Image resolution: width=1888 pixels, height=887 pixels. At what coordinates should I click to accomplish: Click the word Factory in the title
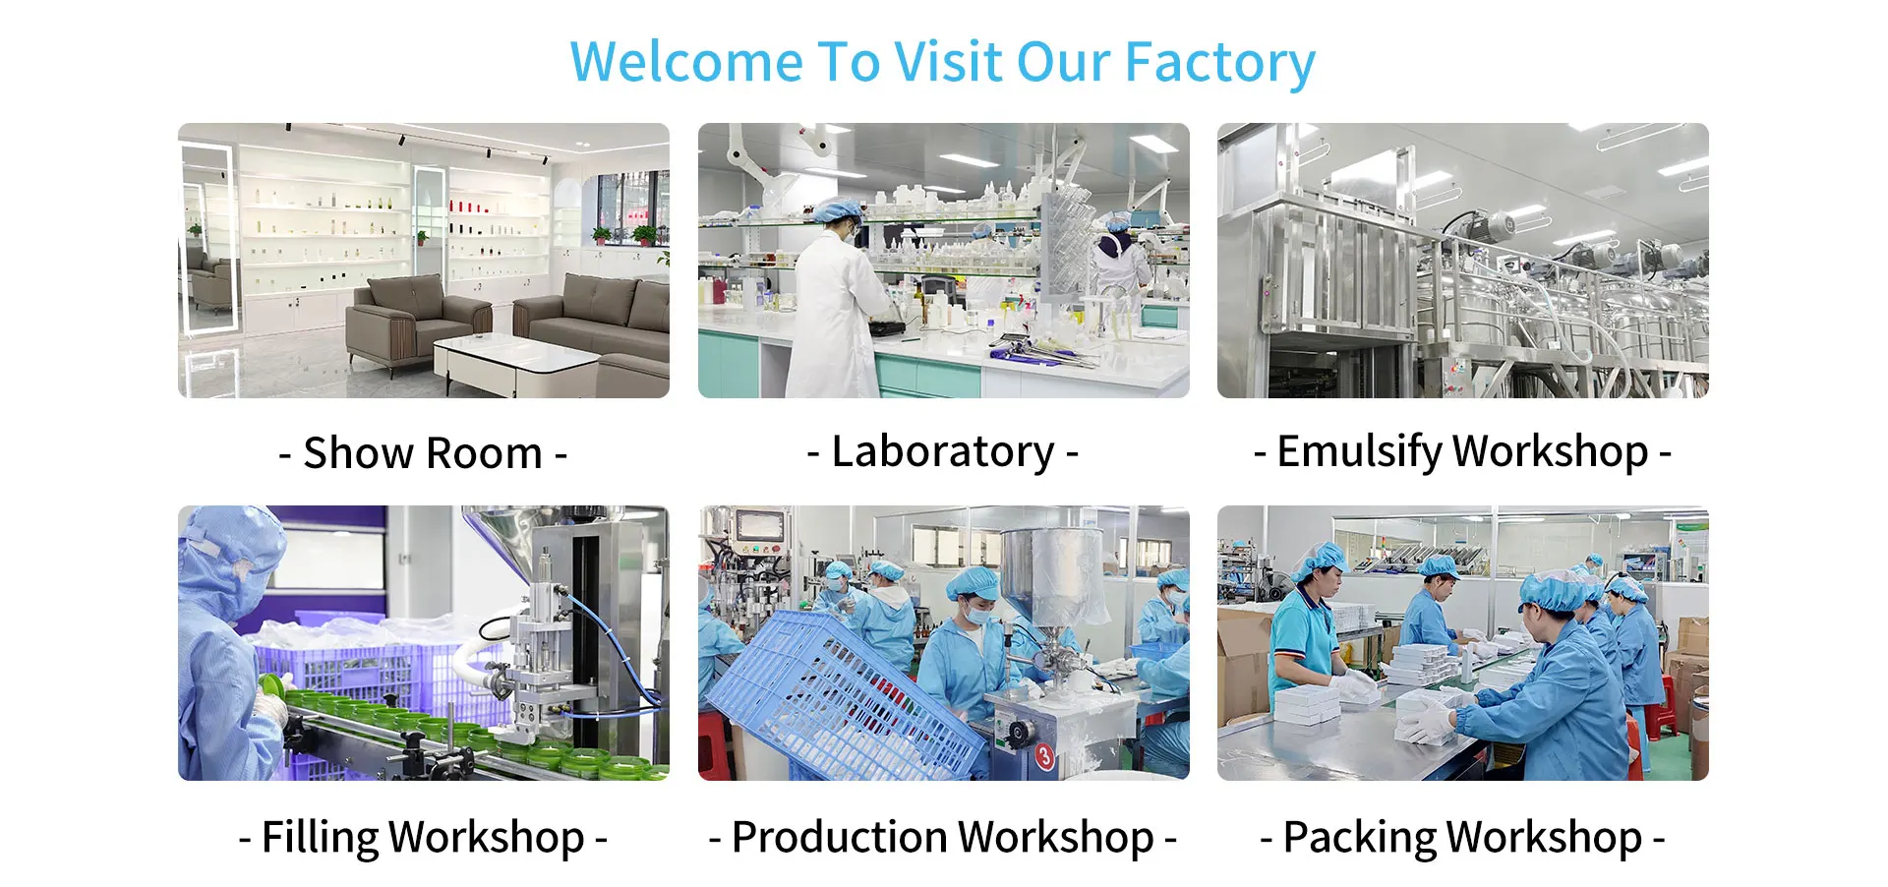point(1219,64)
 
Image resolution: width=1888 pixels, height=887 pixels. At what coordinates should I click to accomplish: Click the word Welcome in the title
point(686,62)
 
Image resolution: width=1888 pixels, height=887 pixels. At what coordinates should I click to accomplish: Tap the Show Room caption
point(423,453)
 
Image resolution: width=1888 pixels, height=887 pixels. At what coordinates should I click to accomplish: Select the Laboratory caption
point(943,452)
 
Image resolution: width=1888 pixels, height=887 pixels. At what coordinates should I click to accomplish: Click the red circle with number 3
point(1044,756)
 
